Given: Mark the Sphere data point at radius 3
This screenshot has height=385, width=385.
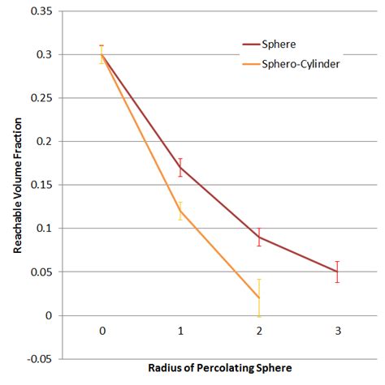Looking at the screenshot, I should pos(337,272).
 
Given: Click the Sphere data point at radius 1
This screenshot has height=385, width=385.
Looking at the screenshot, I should pos(180,168).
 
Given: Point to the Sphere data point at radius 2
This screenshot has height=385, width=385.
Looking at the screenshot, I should pos(259,237).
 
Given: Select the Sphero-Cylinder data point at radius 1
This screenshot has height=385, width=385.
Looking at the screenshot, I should pos(180,211).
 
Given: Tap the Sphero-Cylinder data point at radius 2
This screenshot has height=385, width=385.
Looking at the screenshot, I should pos(259,297).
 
